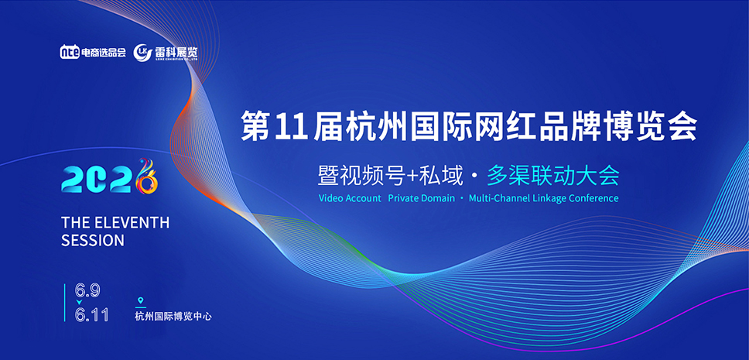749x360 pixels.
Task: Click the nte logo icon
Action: [x=70, y=53]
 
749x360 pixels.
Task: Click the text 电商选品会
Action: [x=104, y=53]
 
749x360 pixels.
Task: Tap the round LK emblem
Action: [x=142, y=52]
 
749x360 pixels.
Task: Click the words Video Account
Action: [x=350, y=198]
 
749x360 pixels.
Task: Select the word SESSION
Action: [x=92, y=241]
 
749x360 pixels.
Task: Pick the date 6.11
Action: [x=91, y=314]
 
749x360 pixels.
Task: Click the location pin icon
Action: [x=140, y=301]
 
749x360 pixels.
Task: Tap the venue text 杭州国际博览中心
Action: [x=173, y=316]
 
